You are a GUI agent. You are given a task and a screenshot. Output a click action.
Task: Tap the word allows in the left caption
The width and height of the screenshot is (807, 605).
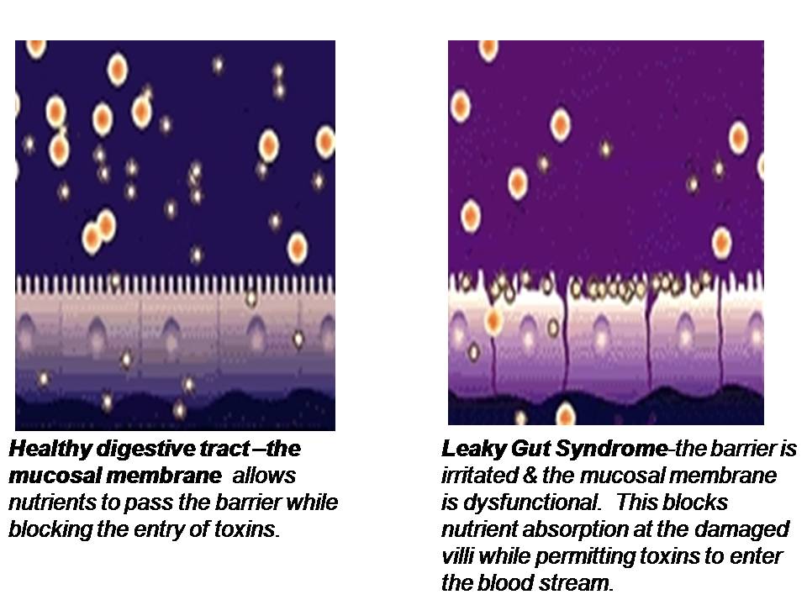[x=263, y=476]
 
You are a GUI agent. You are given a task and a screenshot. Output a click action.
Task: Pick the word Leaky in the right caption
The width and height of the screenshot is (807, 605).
[x=473, y=449]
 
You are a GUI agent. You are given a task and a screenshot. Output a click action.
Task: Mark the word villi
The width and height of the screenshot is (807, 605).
[x=457, y=556]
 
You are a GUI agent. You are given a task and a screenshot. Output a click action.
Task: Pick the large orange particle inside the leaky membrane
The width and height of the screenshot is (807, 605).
[x=493, y=320]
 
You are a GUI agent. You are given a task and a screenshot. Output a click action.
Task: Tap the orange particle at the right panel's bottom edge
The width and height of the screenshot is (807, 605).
[x=566, y=414]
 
